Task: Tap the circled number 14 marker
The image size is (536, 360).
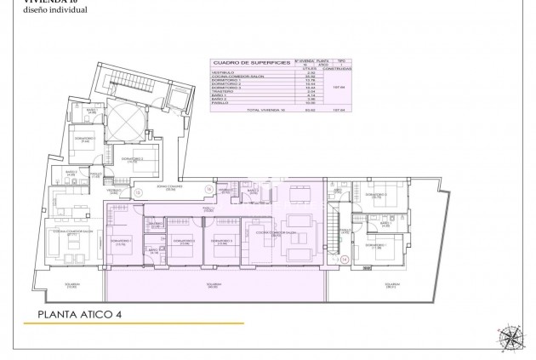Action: tap(345, 260)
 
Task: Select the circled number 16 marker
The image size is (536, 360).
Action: tap(209, 190)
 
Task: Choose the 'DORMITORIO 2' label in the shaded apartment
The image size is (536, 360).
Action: tap(184, 242)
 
